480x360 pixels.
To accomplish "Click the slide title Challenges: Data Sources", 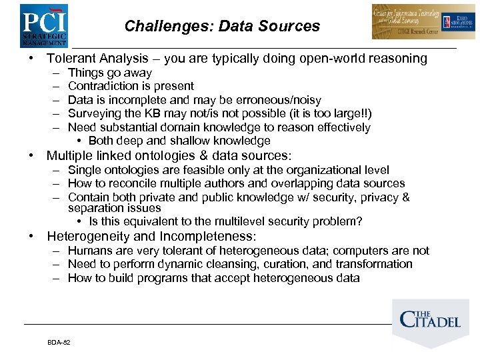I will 222,27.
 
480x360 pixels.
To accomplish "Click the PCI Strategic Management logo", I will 43,25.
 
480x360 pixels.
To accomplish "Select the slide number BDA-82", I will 59,342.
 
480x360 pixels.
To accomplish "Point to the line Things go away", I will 110,73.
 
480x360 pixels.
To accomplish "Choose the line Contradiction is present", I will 131,86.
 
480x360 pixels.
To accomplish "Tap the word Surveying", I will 93,113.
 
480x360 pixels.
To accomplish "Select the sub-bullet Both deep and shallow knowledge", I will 179,141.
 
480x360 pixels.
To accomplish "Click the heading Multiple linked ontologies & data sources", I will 169,156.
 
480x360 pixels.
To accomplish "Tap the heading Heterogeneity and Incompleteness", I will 151,237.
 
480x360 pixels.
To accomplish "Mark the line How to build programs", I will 213,278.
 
